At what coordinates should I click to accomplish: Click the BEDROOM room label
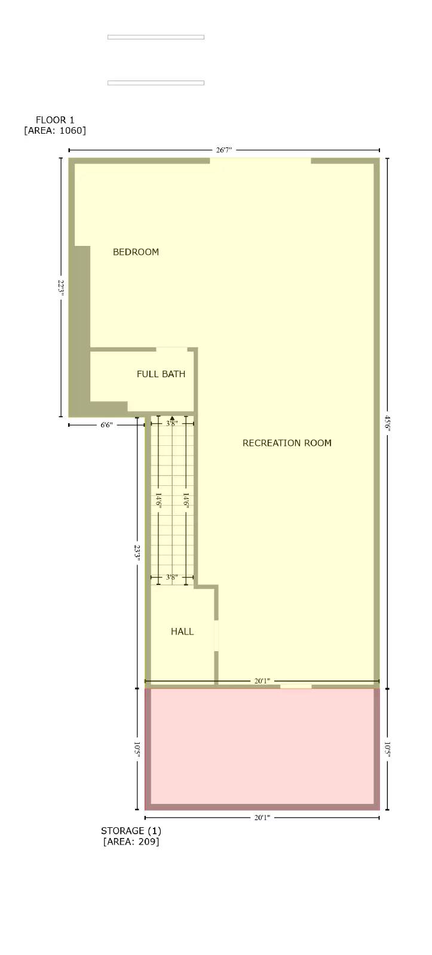point(136,252)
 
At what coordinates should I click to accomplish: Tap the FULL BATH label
point(161,374)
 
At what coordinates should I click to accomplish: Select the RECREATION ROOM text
point(287,443)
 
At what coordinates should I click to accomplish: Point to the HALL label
point(182,631)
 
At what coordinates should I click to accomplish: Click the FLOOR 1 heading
point(55,120)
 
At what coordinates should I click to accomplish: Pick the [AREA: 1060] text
point(55,131)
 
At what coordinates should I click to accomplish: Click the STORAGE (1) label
point(131,831)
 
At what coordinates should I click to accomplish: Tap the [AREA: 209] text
point(131,842)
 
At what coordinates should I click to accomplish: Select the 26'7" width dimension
point(223,150)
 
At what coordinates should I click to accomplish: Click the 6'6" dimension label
point(106,425)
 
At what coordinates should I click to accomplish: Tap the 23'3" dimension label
point(137,552)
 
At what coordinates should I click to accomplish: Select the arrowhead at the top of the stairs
point(172,418)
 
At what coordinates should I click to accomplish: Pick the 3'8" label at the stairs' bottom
point(171,577)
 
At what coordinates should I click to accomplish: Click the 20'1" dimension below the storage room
point(262,818)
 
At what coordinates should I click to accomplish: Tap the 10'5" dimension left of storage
point(137,750)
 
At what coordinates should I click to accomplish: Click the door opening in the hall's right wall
point(217,636)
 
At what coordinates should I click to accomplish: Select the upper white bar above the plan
point(156,37)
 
